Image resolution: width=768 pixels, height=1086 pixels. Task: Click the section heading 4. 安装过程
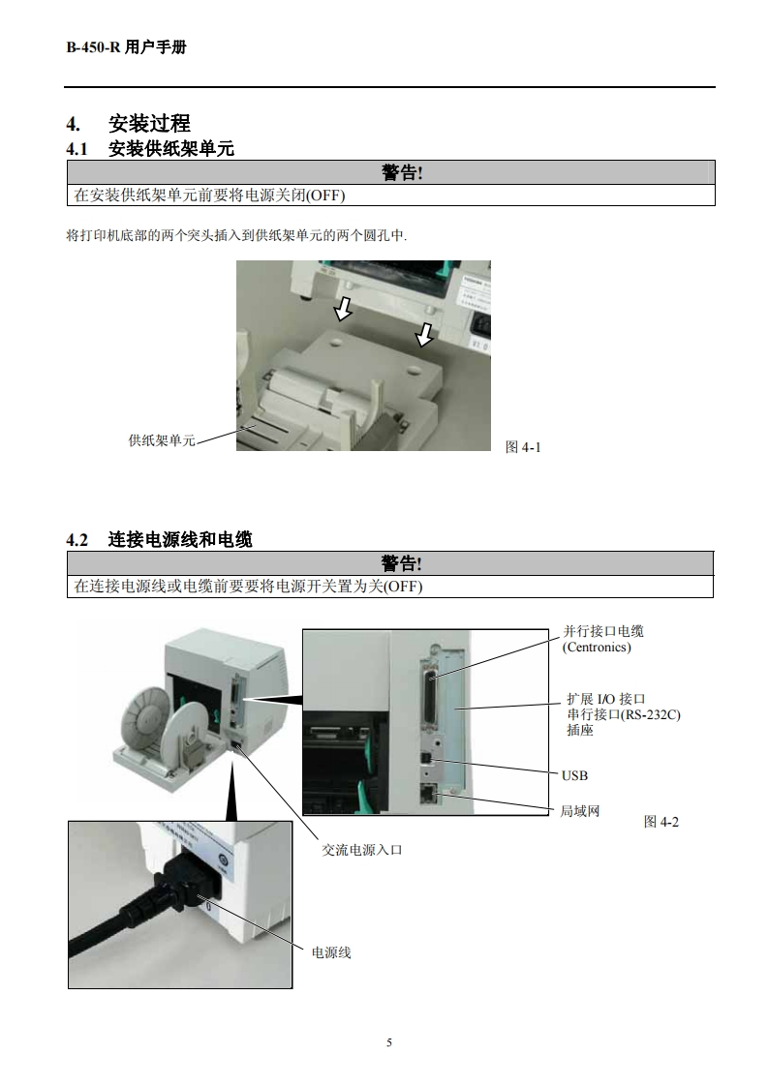tap(128, 123)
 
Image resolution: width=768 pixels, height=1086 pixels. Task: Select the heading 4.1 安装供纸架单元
tap(150, 148)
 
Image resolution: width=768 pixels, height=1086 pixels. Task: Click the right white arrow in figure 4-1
tap(422, 334)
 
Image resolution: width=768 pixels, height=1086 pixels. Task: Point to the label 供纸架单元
tap(162, 440)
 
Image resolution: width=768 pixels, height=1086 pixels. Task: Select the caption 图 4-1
tap(523, 446)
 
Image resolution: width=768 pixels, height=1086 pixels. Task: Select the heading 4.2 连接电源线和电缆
tap(159, 539)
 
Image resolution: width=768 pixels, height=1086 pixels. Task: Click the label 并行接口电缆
tap(603, 631)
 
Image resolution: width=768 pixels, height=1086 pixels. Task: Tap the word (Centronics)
tap(597, 647)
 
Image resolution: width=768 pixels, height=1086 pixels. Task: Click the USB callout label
tap(574, 775)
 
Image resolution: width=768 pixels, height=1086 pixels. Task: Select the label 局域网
tap(580, 810)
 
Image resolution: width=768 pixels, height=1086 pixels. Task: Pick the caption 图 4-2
tap(661, 821)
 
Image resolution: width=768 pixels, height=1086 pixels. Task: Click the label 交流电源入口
tap(361, 850)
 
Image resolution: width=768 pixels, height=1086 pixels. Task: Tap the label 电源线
tap(331, 952)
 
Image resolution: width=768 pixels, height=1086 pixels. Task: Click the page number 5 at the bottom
tap(388, 1042)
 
